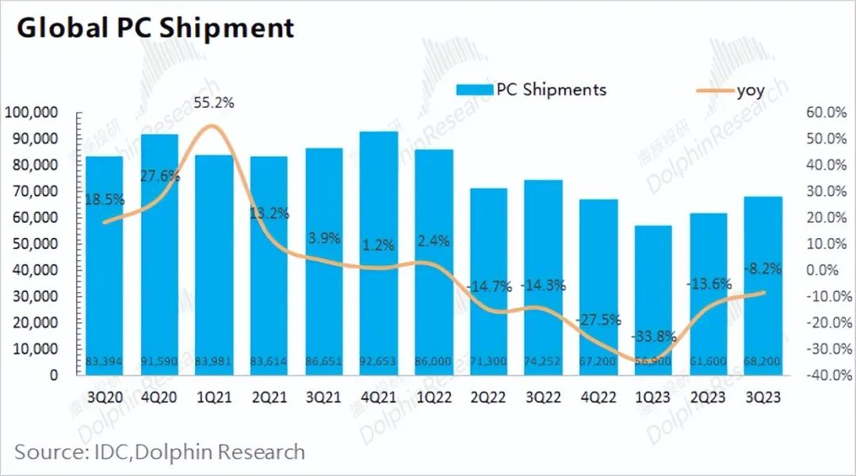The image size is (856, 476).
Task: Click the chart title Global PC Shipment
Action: coord(155,28)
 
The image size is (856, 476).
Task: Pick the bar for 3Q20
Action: coord(105,265)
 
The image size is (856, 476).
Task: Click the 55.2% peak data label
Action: coord(214,103)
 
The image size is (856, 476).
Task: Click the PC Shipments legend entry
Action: coord(531,89)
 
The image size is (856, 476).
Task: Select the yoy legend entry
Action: coord(729,89)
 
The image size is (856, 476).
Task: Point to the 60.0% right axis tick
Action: coord(827,113)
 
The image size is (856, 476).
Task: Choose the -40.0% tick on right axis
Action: coord(825,374)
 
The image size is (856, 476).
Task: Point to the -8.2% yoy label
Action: coord(763,268)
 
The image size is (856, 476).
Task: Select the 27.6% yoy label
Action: coord(160,176)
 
